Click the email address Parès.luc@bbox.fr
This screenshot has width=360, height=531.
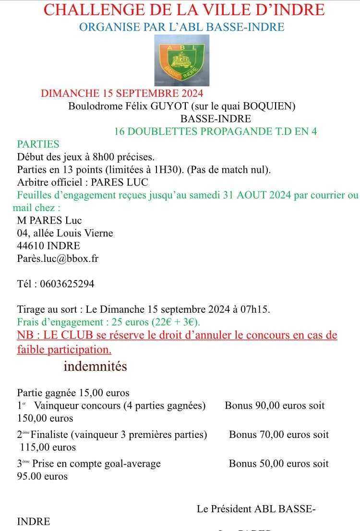click(x=58, y=258)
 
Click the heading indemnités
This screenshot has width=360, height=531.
click(x=95, y=366)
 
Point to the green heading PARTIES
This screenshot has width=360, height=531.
click(x=38, y=144)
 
